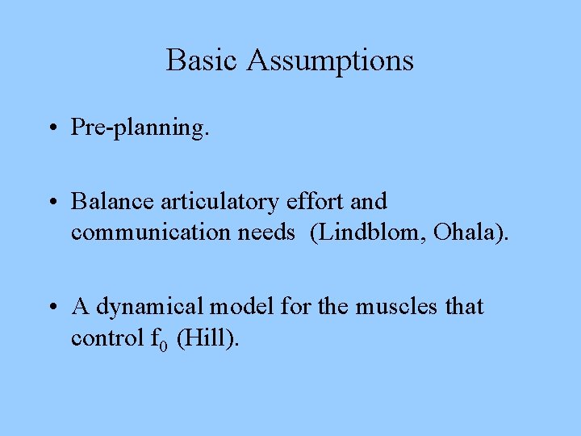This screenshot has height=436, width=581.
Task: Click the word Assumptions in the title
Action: [331, 61]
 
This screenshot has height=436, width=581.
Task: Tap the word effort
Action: [316, 201]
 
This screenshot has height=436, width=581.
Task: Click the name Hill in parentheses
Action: [208, 338]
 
